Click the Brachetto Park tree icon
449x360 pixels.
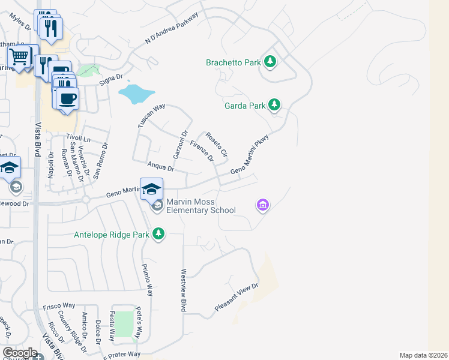tap(270, 62)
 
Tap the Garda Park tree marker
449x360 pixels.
tap(274, 106)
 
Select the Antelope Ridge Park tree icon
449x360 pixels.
tap(158, 233)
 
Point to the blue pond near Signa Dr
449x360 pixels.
tap(137, 94)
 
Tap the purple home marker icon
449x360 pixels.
tap(262, 206)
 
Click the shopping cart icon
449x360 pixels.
tap(19, 57)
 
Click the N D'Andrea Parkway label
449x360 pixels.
tap(172, 28)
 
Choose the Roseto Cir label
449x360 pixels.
tap(217, 145)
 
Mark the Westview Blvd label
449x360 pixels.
tap(183, 290)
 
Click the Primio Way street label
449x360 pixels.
tap(147, 280)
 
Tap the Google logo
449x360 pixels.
tap(20, 353)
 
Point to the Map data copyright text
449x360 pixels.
tap(423, 355)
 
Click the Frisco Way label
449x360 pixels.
tap(59, 307)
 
